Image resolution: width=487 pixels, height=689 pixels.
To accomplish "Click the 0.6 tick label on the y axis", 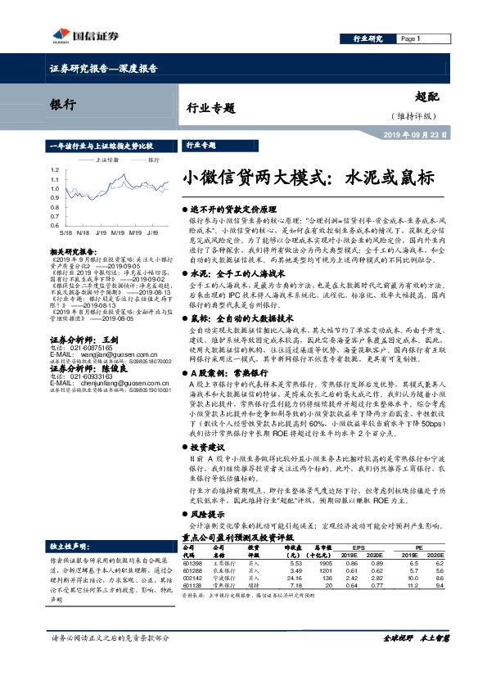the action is point(55,223).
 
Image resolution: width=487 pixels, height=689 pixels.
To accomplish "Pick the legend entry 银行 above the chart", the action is point(153,160).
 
